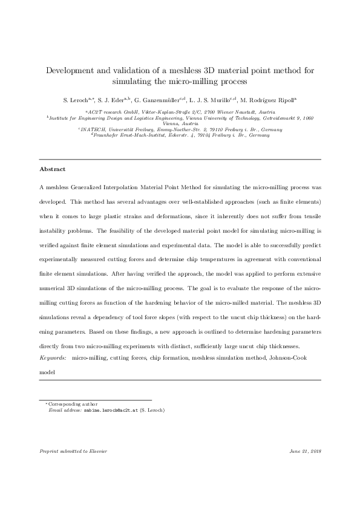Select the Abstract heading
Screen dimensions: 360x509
coord(52,169)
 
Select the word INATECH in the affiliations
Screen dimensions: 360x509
coord(93,129)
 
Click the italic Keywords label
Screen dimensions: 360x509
coord(53,358)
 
